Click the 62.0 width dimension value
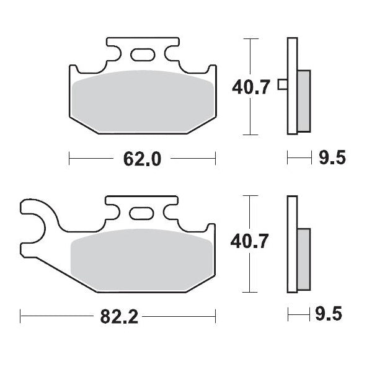(143, 159)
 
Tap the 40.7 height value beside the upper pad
(251, 87)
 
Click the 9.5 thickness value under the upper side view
(332, 159)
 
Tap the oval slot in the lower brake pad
(143, 214)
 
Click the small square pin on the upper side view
(282, 85)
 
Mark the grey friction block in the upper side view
(303, 100)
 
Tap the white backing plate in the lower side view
(291, 273)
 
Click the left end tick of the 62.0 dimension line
(69, 159)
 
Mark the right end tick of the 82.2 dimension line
(215, 317)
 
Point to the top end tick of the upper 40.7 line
(249, 39)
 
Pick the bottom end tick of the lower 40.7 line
(249, 291)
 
